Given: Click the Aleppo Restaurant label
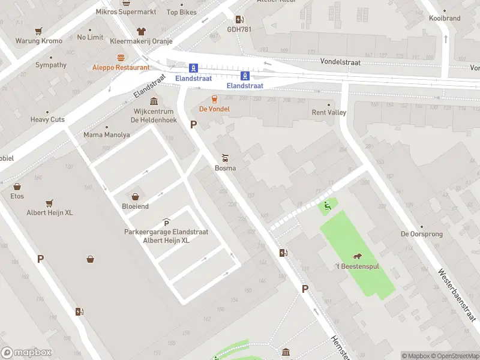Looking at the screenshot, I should click(x=121, y=68).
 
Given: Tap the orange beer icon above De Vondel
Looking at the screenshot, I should click(x=213, y=99).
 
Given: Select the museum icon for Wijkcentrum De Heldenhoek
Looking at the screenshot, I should click(x=154, y=101).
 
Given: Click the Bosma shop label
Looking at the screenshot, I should click(x=225, y=168).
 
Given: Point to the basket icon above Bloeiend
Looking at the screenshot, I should click(x=135, y=196).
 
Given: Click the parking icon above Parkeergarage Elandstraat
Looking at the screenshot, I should click(x=166, y=223).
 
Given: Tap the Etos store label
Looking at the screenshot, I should click(x=17, y=196).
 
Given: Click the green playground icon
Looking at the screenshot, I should click(x=327, y=207).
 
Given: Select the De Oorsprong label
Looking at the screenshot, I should click(x=417, y=234).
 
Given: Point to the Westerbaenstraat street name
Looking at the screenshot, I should click(x=458, y=295).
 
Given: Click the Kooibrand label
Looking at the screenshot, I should click(x=445, y=19).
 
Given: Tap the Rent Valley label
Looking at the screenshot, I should click(x=329, y=112).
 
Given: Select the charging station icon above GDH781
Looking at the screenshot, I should click(x=239, y=19).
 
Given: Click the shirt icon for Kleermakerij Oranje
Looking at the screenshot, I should click(x=141, y=31).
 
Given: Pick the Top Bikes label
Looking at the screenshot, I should click(x=181, y=12).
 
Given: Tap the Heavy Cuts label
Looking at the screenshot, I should click(x=47, y=119).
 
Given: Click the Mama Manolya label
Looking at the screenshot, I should click(x=106, y=135).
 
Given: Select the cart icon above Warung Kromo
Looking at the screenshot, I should click(x=38, y=31).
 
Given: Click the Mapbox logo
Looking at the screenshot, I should click(x=26, y=353).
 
